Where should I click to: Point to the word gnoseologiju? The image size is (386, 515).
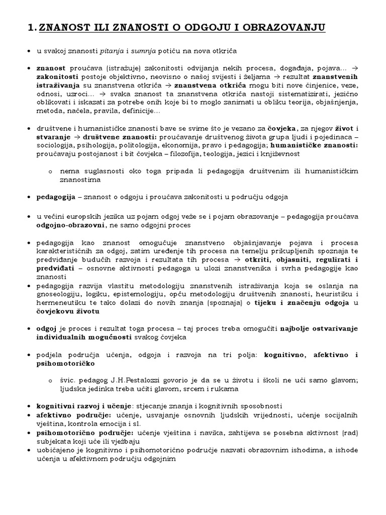coord(59,294)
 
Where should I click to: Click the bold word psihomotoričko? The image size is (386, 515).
coord(65,363)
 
